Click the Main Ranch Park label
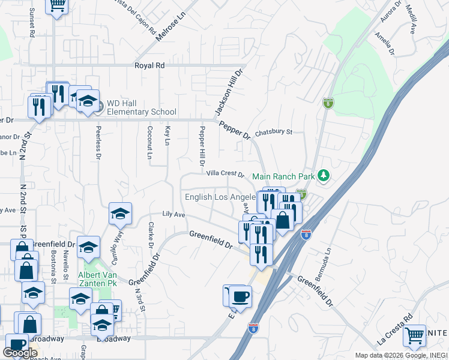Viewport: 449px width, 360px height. pos(283,176)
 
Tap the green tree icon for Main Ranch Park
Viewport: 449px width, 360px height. pos(324,175)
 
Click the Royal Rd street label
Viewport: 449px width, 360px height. pos(149,65)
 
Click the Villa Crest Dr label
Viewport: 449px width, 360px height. pos(225,174)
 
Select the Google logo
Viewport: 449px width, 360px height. pos(20,353)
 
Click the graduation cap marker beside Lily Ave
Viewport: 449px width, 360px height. pos(120,213)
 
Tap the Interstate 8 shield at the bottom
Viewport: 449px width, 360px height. pos(253,328)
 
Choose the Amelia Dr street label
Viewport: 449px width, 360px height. pos(384,44)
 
